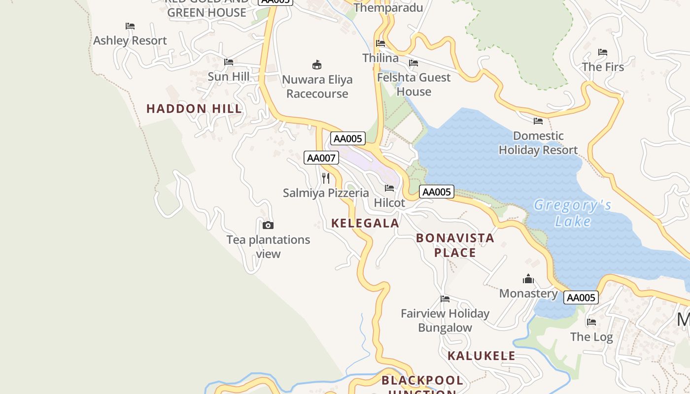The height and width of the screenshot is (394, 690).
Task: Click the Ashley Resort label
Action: point(130,40)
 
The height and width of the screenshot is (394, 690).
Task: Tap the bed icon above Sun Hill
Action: point(229,62)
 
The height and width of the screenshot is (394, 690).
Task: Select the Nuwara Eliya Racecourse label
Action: point(317,87)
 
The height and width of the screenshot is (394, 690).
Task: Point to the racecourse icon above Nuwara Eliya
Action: point(317,65)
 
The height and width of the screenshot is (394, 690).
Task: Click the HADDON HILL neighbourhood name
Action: point(194,109)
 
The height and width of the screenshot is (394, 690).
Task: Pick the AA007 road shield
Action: point(321,158)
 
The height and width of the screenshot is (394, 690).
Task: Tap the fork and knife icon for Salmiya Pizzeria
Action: point(326,178)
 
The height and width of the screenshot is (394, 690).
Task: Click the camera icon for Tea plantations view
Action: point(268,225)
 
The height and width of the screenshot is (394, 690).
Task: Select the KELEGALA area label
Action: point(365,223)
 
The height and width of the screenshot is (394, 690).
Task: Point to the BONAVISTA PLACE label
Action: point(455,245)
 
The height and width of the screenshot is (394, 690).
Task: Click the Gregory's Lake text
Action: point(573,213)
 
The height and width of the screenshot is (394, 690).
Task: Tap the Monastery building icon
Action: point(528,279)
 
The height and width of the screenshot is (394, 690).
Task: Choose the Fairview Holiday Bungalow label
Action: point(445,320)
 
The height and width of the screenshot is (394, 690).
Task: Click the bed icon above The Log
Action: point(591,322)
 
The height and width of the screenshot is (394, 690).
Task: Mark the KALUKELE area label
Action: point(481,356)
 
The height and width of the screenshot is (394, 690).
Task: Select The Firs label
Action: point(603,67)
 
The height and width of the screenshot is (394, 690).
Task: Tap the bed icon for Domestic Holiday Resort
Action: point(538,121)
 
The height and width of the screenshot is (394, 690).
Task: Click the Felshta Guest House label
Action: point(414,84)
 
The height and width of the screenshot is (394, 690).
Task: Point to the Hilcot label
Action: point(389,203)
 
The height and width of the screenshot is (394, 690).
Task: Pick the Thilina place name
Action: point(380,58)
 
